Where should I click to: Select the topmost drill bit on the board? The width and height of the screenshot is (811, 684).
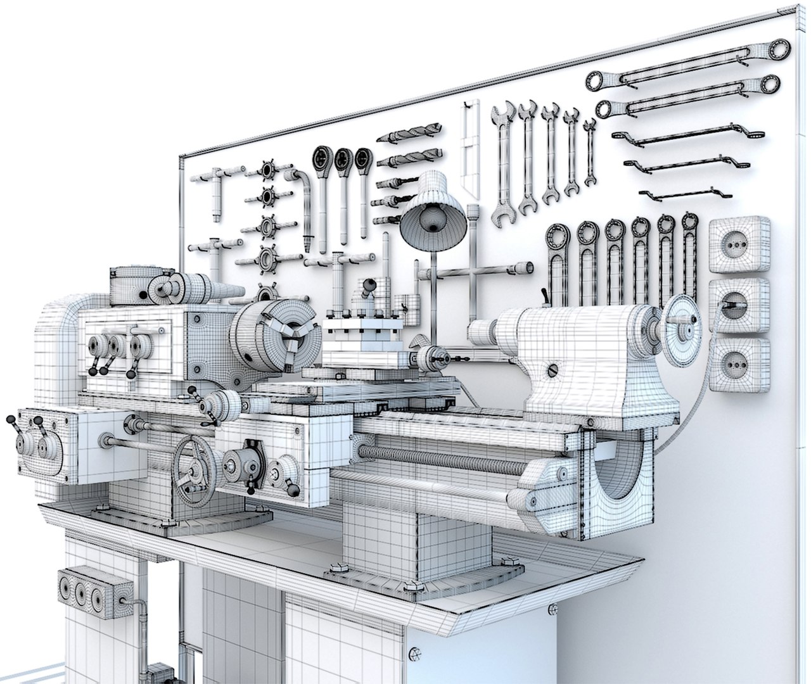pyautogui.click(x=409, y=133)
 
